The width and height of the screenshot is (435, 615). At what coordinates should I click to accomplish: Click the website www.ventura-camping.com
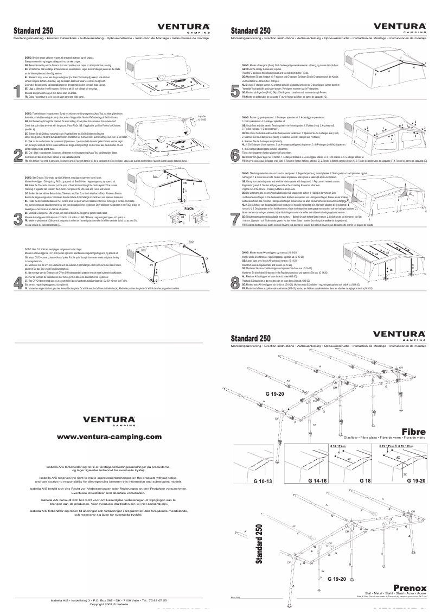109,436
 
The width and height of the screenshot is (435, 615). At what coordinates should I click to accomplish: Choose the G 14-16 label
317,481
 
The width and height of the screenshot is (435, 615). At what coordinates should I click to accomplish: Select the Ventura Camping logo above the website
109,420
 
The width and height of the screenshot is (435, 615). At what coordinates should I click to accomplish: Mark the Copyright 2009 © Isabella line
109,604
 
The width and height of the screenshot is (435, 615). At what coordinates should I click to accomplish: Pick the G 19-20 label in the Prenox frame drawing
336,580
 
